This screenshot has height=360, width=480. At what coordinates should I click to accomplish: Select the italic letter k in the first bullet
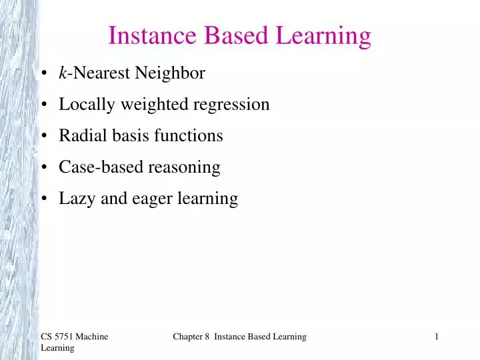click(x=63, y=73)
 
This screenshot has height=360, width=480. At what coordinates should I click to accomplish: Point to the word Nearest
click(x=103, y=73)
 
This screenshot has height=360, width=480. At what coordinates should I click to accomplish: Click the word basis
click(x=123, y=136)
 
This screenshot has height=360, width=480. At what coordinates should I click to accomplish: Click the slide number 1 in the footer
click(x=436, y=337)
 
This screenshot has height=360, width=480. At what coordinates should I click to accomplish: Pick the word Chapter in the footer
click(x=188, y=337)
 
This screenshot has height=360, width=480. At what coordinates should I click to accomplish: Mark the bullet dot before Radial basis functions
click(x=43, y=137)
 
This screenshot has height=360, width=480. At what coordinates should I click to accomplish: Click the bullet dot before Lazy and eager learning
click(x=43, y=199)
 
